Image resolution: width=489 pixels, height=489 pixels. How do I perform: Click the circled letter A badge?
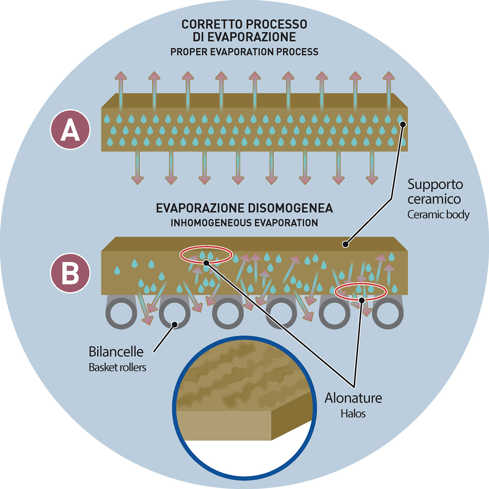pos(70,130)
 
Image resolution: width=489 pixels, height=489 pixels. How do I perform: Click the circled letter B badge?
pos(70,273)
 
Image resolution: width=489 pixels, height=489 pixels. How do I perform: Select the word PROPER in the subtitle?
pos(189,52)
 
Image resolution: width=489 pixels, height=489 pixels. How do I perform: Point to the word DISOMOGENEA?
pos(291,208)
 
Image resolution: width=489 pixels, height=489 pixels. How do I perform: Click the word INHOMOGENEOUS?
pos(211,223)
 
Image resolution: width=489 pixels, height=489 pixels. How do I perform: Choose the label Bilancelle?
pos(116,352)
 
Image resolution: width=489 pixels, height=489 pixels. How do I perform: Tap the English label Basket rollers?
pos(117,367)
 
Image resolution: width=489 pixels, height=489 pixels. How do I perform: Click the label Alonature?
pos(353,398)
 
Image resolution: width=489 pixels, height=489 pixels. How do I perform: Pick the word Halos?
pos(353,414)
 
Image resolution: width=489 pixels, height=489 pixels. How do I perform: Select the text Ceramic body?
pos(438,214)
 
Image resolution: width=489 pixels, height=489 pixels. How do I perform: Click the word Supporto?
pos(435,184)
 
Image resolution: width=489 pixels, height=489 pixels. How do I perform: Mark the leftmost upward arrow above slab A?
pos(121,89)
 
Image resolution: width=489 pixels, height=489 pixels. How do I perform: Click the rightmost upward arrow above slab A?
pos(389,89)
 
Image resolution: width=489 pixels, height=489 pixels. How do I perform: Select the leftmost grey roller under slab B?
pos(121,313)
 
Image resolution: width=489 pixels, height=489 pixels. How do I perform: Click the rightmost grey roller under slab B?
pos(388,313)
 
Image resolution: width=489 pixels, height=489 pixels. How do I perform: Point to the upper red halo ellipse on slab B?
pos(206,254)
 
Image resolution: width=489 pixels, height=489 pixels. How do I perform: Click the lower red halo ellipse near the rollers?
pos(361,292)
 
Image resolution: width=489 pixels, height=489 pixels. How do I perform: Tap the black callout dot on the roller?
pos(174,325)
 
